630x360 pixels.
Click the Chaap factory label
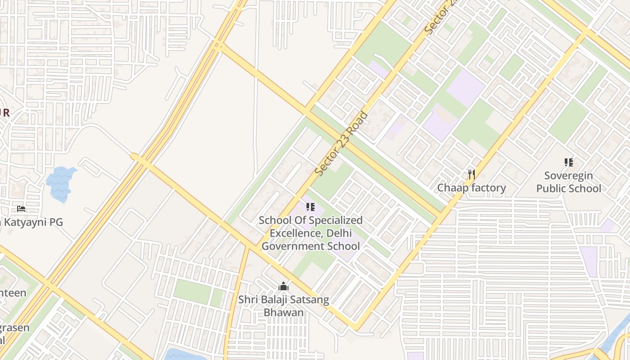(472, 188)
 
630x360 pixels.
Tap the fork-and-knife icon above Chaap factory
(472, 174)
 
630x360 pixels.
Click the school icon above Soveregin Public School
(568, 162)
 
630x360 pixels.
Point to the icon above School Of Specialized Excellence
(310, 207)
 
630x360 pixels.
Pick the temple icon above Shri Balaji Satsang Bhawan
(283, 286)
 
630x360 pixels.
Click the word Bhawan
(283, 312)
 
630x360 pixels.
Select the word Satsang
(307, 300)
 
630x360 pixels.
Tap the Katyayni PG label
(34, 222)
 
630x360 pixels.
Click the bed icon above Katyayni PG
(21, 209)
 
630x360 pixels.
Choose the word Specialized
(333, 220)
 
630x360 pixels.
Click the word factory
(489, 188)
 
